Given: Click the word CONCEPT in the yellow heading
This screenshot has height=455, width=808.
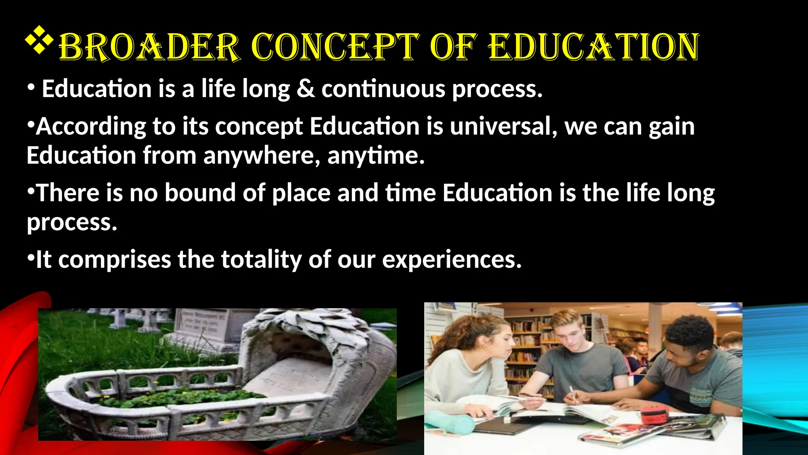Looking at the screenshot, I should [x=335, y=47].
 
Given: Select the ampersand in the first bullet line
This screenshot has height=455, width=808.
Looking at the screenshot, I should [x=306, y=88].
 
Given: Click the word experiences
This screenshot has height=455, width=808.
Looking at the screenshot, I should [x=452, y=259].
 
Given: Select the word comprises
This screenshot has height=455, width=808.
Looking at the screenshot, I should [x=115, y=259].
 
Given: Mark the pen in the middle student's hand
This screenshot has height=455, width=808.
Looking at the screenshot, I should [x=572, y=395].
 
